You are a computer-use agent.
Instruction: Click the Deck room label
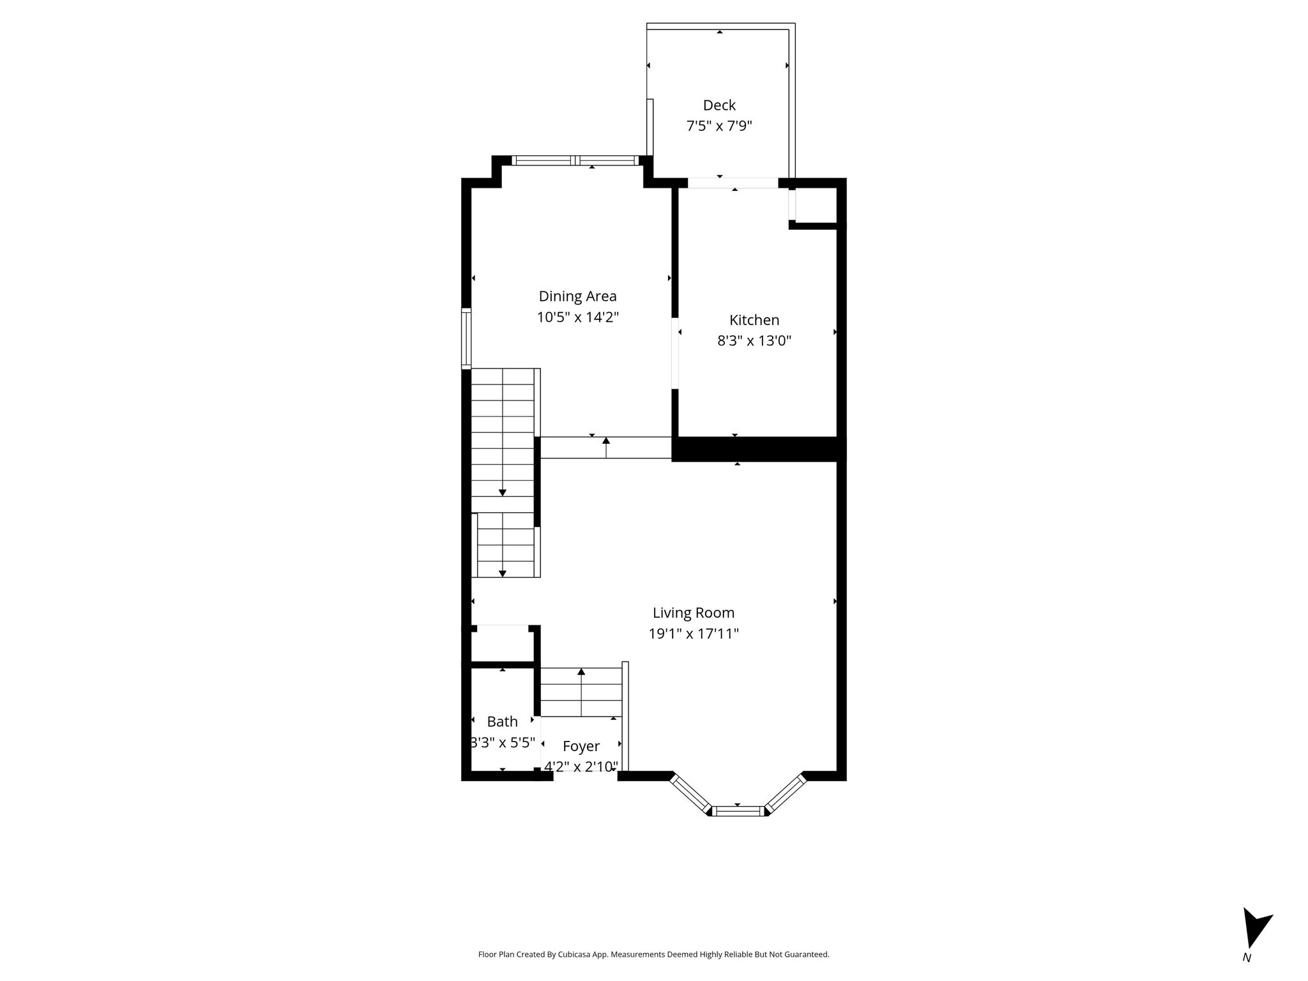tap(719, 105)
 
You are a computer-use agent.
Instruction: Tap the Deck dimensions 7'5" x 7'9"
tap(719, 126)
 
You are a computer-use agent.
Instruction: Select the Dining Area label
tap(577, 296)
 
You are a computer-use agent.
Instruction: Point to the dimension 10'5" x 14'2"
tap(577, 317)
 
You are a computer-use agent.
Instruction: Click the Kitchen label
tap(754, 320)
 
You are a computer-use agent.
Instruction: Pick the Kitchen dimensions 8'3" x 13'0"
tap(754, 341)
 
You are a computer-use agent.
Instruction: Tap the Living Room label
tap(694, 613)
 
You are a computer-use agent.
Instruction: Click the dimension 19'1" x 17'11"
tap(694, 634)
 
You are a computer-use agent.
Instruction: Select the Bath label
tap(502, 722)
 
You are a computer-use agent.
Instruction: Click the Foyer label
tap(581, 746)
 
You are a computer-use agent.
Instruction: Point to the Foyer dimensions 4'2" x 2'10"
tap(581, 766)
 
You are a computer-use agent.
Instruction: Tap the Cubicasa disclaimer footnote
tap(653, 955)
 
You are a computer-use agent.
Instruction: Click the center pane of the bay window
tap(738, 811)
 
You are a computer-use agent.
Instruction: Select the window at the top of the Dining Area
tap(577, 160)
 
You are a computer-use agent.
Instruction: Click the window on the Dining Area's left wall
tap(466, 338)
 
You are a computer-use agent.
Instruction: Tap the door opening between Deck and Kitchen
tap(733, 183)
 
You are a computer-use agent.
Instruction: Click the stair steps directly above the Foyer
tap(581, 692)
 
